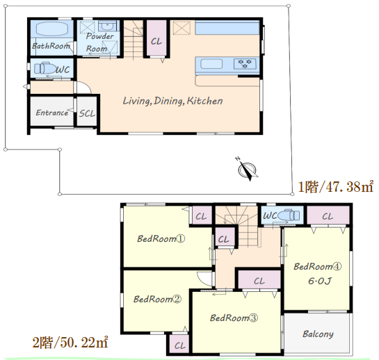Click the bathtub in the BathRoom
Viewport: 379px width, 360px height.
(x=51, y=29)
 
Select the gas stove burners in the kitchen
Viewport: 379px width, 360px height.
(x=245, y=64)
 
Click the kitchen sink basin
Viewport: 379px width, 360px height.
(x=211, y=64)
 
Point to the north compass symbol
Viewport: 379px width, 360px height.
(x=246, y=169)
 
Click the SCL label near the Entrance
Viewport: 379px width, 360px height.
(x=87, y=113)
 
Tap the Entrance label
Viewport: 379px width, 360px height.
(x=51, y=113)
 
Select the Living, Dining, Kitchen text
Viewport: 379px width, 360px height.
(x=172, y=101)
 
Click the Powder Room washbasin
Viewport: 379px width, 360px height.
(x=107, y=26)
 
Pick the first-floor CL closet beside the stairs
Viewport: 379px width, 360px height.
(x=156, y=38)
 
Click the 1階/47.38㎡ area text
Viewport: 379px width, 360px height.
(x=336, y=187)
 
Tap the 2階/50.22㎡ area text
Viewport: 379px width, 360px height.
(x=70, y=343)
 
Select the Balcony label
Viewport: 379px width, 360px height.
(x=318, y=334)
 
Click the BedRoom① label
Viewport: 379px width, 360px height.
(x=161, y=238)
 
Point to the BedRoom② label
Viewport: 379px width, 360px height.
(x=157, y=299)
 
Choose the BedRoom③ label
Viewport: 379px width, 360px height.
(x=234, y=318)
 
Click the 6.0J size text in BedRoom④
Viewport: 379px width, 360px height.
(x=319, y=281)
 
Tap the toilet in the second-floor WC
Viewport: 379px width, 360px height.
(x=289, y=215)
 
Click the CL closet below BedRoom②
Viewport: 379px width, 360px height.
(x=179, y=345)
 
